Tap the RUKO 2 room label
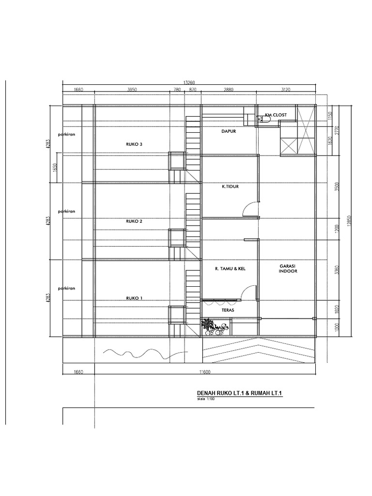point(134,221)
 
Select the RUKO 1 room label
point(134,298)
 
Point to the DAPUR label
point(229,130)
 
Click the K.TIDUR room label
point(230,186)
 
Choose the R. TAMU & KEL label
point(230,268)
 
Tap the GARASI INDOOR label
point(288,269)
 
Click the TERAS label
point(228,309)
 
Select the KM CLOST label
point(276,115)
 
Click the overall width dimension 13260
point(189,82)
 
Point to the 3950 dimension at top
point(132,90)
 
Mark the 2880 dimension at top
point(228,90)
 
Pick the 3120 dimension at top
point(286,90)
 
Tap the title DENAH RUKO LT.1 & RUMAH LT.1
point(239,393)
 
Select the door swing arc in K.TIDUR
point(250,208)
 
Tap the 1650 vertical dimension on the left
point(55,168)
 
